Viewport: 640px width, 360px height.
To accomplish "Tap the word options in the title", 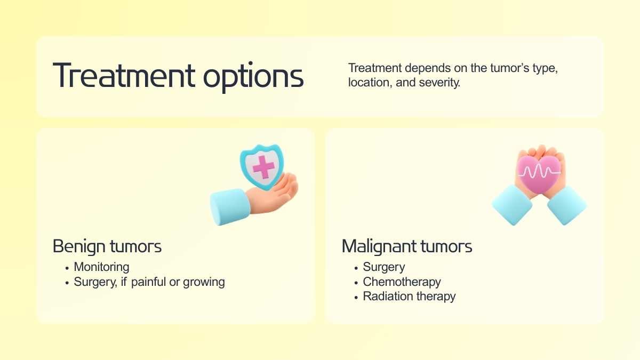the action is [253, 77].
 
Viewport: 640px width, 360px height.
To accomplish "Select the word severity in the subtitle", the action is [439, 83].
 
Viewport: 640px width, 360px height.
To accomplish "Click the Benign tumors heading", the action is [107, 246].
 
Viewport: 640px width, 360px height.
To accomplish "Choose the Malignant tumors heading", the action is [407, 246].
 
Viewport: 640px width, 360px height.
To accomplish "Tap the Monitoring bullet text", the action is [101, 267].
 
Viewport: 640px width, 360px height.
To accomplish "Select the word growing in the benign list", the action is [204, 282].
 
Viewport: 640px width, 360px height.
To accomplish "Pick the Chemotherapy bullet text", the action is [402, 282].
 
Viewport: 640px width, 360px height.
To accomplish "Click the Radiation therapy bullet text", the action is [409, 297].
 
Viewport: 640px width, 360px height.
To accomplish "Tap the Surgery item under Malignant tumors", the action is [383, 267].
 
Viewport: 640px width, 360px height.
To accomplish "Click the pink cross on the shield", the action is [263, 167].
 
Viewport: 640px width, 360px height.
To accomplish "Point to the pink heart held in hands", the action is [539, 174].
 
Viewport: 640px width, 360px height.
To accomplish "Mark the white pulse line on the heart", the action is [539, 171].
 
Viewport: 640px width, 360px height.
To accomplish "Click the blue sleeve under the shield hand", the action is [230, 206].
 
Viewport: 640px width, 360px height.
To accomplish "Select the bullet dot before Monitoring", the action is [67, 268].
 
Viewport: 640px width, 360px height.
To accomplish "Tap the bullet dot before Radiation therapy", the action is [356, 298].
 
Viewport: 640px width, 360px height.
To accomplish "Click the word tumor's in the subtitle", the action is [509, 68].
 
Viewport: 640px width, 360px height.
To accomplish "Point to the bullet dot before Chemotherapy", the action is [356, 283].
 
